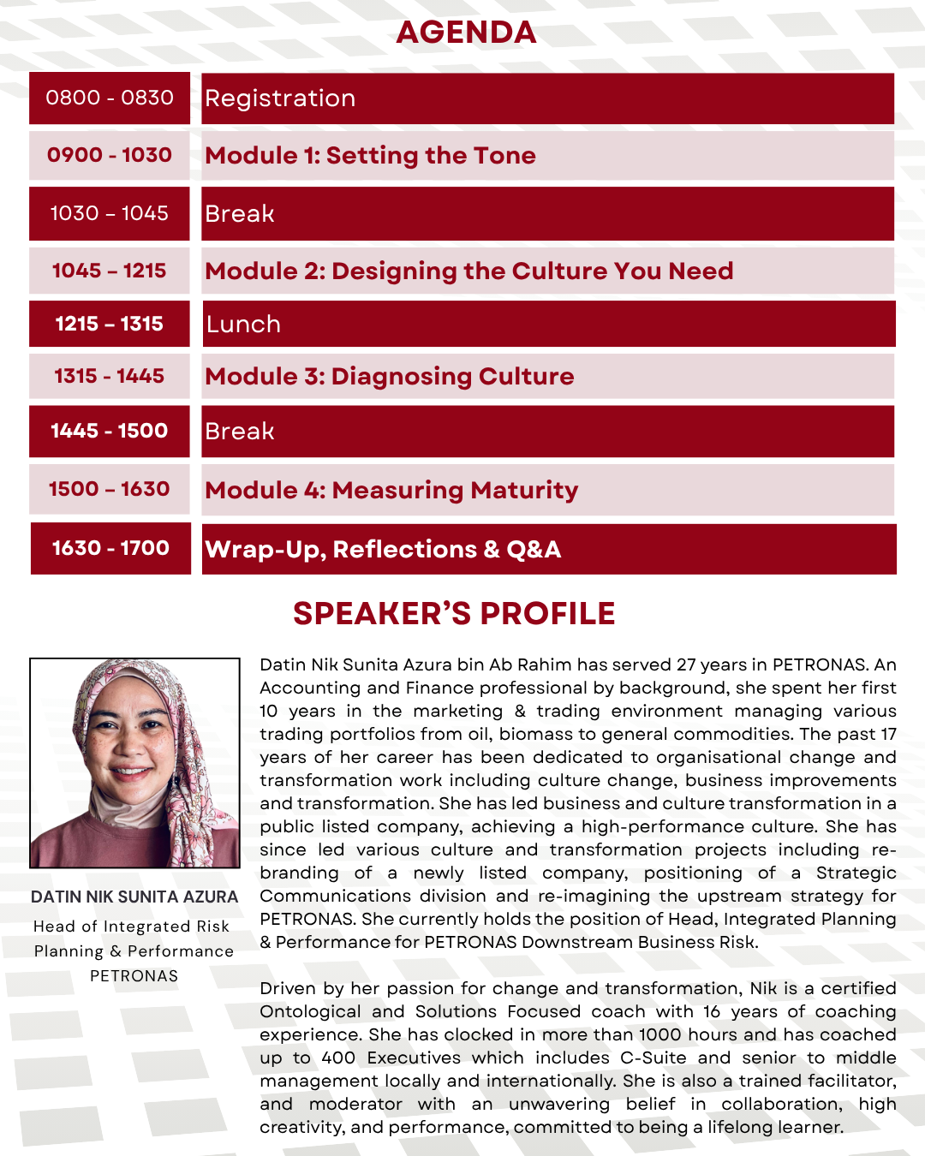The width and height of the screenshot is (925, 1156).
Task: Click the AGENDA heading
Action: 466,33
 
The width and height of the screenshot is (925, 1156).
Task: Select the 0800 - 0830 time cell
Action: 110,98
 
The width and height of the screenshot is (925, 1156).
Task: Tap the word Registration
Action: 280,98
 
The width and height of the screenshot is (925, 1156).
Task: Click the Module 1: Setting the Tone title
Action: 370,155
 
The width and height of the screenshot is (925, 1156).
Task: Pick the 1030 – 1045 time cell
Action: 110,213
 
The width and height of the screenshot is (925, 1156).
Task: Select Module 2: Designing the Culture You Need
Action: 468,271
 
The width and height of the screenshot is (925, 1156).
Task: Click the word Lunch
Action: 243,324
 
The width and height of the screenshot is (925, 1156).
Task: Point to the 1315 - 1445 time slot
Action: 110,376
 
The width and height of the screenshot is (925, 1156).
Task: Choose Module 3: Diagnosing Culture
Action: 389,376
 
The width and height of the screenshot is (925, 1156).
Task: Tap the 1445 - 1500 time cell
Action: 110,431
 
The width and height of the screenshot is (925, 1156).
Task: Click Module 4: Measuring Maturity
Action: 391,490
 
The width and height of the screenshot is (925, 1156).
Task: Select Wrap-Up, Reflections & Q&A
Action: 383,549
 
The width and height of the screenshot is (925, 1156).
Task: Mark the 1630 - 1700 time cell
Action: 110,548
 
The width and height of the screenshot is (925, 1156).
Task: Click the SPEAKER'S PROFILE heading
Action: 454,613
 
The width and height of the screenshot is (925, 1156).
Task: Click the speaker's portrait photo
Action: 134,762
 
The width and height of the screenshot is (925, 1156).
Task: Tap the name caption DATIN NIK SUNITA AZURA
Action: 134,897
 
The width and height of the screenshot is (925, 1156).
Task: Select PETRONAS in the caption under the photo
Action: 134,976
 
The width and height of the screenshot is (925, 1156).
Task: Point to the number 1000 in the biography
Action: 660,1034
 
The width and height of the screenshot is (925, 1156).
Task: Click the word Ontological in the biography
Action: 310,1011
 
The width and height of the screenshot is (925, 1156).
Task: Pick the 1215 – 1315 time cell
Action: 110,324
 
